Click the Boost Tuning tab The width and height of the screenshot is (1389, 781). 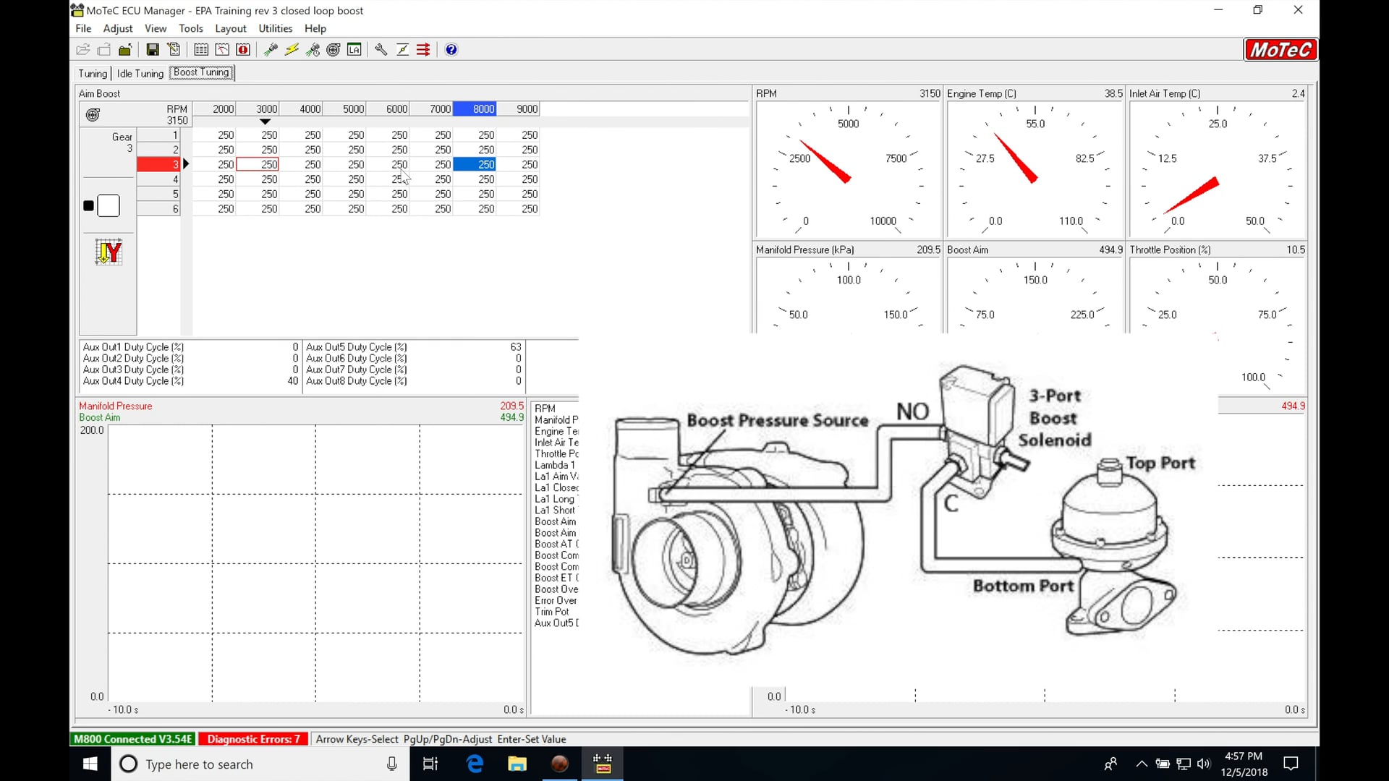click(x=202, y=72)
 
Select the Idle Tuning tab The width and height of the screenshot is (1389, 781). click(x=140, y=73)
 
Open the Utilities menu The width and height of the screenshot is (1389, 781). click(x=275, y=28)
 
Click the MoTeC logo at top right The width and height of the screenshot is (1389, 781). click(x=1280, y=50)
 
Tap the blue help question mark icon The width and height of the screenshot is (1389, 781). click(x=451, y=50)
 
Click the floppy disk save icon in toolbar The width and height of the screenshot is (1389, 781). click(x=153, y=50)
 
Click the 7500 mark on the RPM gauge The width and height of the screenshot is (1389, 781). click(x=896, y=158)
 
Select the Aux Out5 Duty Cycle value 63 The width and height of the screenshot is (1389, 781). click(x=515, y=347)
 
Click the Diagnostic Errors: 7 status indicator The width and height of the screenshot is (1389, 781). click(x=253, y=739)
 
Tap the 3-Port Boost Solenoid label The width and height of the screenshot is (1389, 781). click(x=1054, y=418)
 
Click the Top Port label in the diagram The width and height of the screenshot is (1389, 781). click(x=1160, y=463)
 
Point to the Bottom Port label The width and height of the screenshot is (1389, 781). click(x=1022, y=586)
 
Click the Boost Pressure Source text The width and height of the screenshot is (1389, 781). click(x=777, y=420)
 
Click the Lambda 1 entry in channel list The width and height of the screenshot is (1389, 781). click(x=554, y=465)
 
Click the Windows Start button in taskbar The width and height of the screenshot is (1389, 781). click(x=90, y=764)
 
